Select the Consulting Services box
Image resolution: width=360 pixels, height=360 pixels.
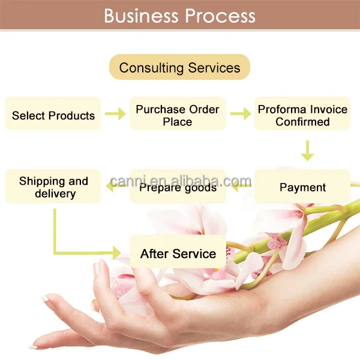pyautogui.click(x=179, y=67)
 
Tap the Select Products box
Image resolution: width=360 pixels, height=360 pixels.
pyautogui.click(x=53, y=115)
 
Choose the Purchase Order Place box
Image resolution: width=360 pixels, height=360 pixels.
pyautogui.click(x=178, y=115)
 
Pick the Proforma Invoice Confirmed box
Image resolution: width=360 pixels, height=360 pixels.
pyautogui.click(x=302, y=115)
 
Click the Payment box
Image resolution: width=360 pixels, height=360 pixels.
pyautogui.click(x=302, y=187)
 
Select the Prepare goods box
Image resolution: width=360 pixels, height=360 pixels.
pyautogui.click(x=178, y=187)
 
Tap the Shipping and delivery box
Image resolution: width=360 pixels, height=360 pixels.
pyautogui.click(x=53, y=187)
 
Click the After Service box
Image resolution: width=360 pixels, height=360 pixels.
pyautogui.click(x=178, y=253)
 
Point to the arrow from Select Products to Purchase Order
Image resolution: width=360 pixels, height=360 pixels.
pyautogui.click(x=115, y=113)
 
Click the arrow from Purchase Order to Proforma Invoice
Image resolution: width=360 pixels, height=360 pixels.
pyautogui.click(x=240, y=113)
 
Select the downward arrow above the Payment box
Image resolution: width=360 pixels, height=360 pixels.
pyautogui.click(x=307, y=151)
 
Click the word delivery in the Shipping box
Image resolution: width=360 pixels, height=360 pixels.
pyautogui.click(x=55, y=194)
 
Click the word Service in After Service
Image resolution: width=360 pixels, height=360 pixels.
pyautogui.click(x=194, y=253)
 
